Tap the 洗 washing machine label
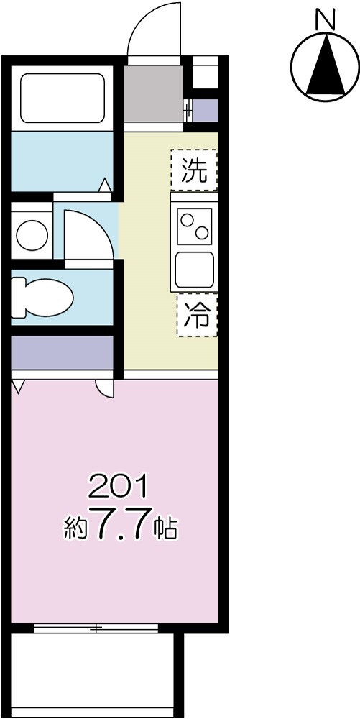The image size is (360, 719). [x=194, y=170]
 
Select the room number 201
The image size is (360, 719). [x=117, y=487]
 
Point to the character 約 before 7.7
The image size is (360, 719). [x=75, y=530]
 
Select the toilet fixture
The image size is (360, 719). [x=45, y=296]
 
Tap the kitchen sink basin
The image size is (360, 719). [x=194, y=269]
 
